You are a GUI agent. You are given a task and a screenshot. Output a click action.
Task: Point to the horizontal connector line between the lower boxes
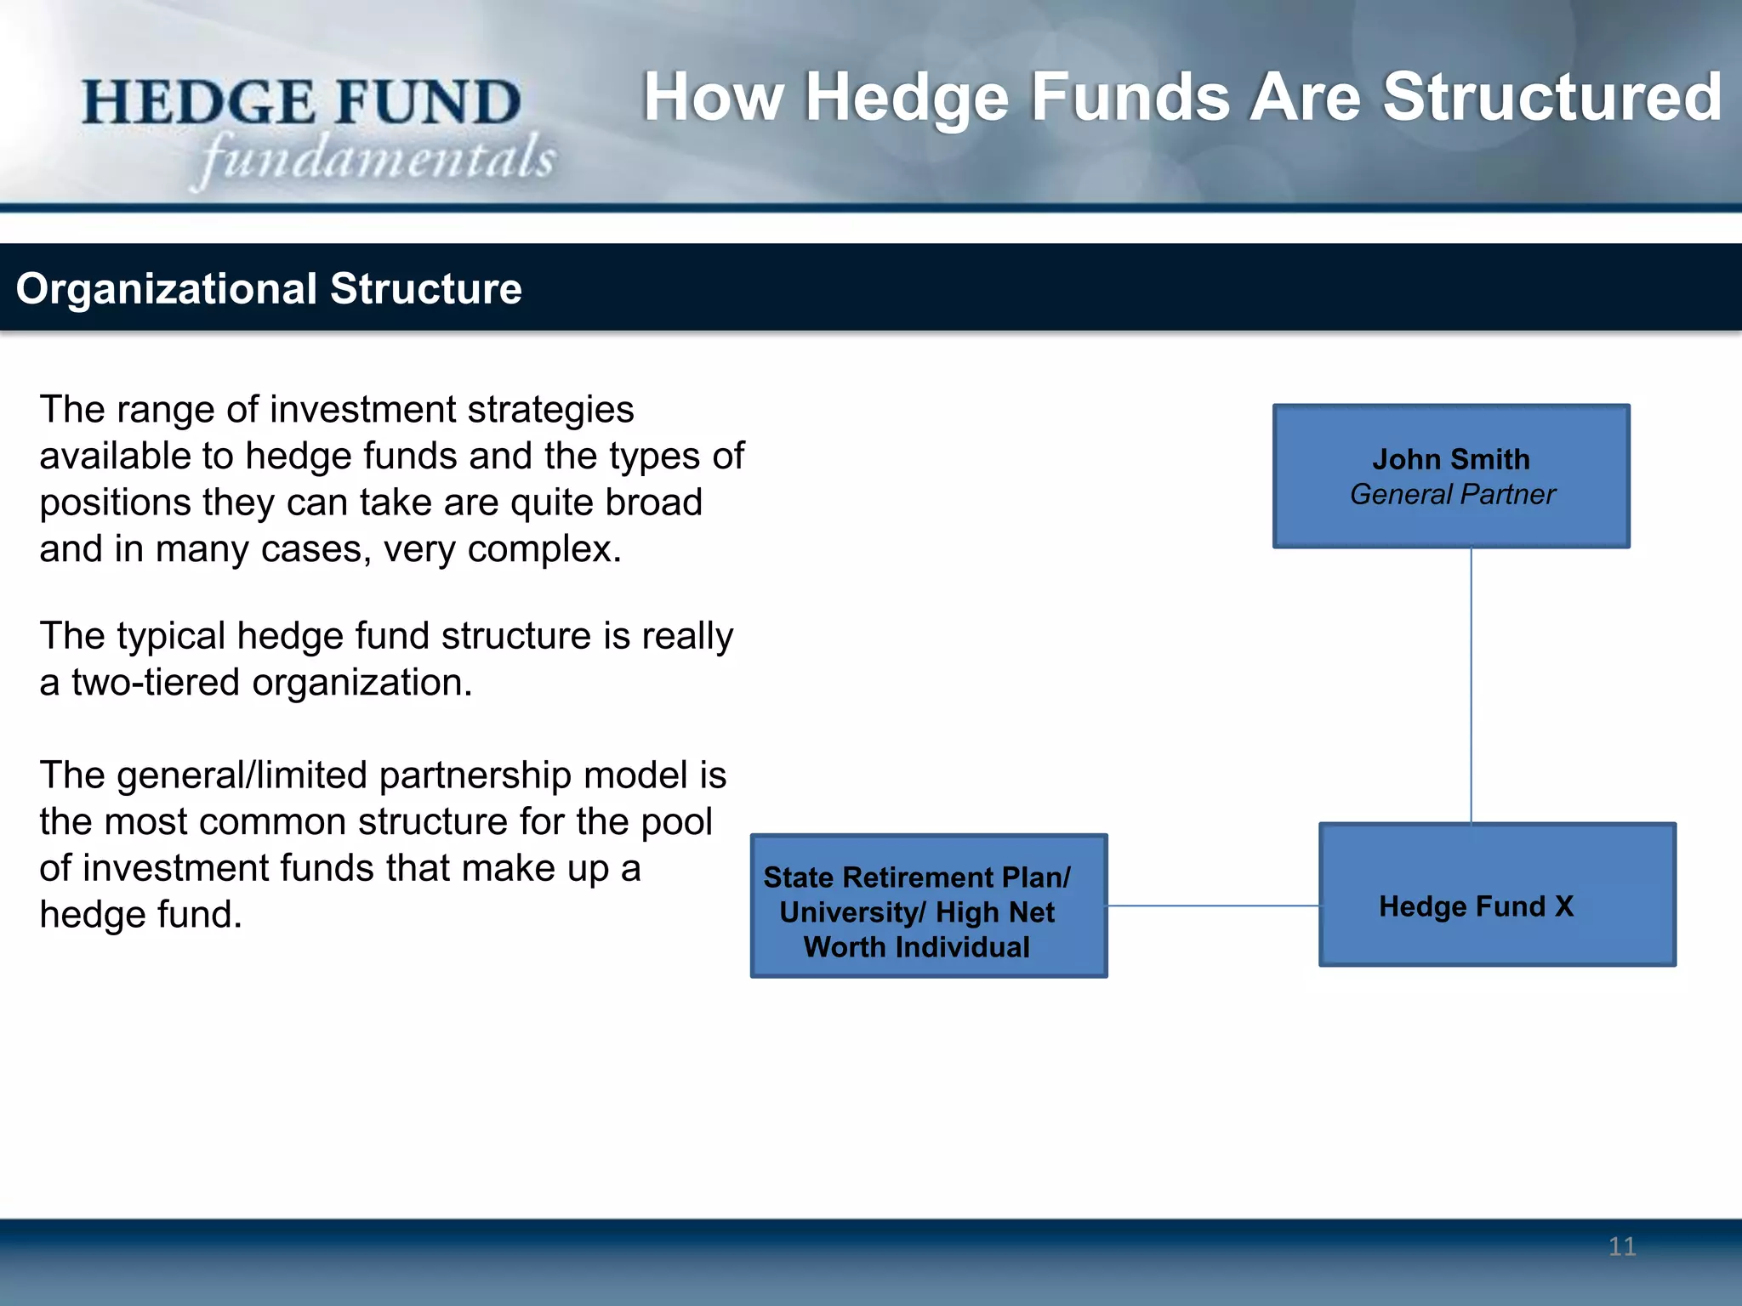[x=1212, y=906]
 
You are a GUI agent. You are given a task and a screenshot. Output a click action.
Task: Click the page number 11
[x=1622, y=1246]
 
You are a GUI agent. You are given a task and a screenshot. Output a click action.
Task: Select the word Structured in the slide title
[x=1551, y=98]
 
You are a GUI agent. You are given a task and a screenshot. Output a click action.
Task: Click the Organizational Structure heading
[x=269, y=289]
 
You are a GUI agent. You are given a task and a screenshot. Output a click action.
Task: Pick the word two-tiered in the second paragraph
[x=156, y=683]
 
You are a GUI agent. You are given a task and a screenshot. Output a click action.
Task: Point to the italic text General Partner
[x=1452, y=494]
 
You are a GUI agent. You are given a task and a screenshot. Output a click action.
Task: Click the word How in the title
[x=713, y=98]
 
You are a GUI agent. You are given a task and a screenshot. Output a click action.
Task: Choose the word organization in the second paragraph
[x=361, y=683]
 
